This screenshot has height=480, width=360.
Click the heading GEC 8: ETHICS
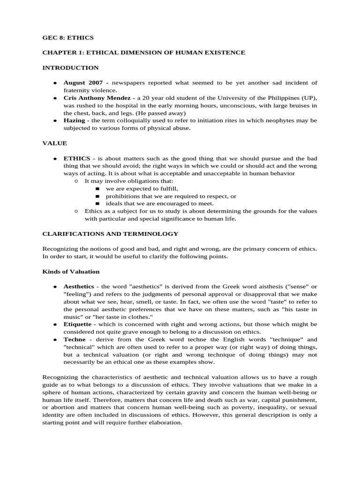[68, 37]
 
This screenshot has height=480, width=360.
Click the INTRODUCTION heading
[70, 67]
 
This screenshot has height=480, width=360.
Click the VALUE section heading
[55, 143]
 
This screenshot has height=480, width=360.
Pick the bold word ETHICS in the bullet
[77, 158]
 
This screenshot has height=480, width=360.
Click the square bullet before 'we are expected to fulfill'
[97, 188]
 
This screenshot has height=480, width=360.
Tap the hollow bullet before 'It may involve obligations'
[76, 181]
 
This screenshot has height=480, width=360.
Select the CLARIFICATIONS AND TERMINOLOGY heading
[110, 233]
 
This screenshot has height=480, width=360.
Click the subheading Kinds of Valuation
[71, 271]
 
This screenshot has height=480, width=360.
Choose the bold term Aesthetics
[79, 286]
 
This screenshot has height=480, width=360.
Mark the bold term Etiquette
[77, 324]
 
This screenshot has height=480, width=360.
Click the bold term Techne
[75, 339]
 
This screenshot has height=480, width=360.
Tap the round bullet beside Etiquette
[55, 324]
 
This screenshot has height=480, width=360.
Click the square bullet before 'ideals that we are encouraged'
[97, 203]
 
